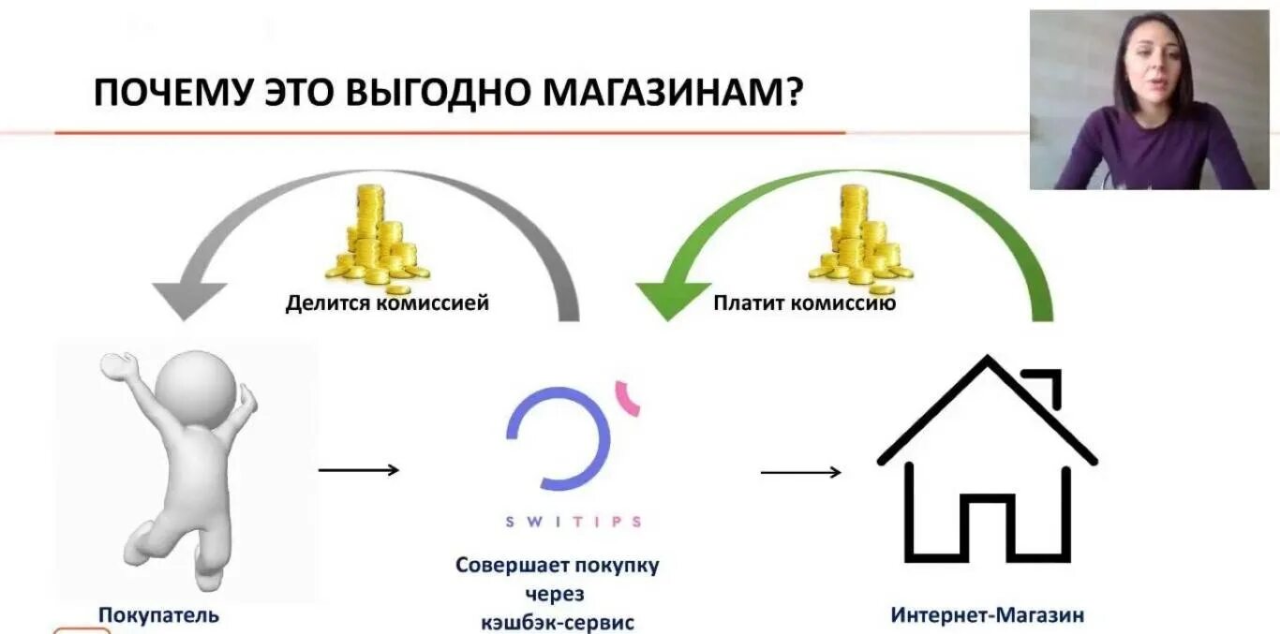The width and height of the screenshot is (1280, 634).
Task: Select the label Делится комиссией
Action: click(x=387, y=303)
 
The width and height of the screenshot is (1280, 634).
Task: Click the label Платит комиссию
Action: click(x=804, y=303)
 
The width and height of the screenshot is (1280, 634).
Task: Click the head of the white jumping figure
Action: click(x=193, y=385)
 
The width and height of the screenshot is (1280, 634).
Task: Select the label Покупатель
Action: click(x=158, y=615)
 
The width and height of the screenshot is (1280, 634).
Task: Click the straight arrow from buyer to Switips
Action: click(x=359, y=469)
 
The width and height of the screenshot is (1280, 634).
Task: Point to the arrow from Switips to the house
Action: click(x=800, y=472)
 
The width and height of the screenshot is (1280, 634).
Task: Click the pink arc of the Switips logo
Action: click(x=629, y=397)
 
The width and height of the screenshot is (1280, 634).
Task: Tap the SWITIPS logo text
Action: click(x=573, y=522)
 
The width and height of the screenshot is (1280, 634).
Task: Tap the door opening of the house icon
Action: click(x=987, y=529)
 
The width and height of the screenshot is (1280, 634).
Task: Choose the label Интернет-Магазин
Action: click(x=987, y=616)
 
